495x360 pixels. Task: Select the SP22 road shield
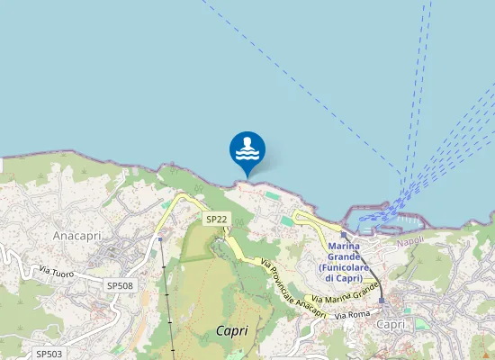pyautogui.click(x=216, y=219)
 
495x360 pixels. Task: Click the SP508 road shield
pyautogui.click(x=120, y=285)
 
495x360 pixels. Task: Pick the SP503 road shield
pyautogui.click(x=49, y=355)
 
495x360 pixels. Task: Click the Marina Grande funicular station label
pyautogui.click(x=344, y=262)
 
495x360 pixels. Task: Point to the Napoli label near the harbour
pyautogui.click(x=409, y=243)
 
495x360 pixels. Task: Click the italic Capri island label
pyautogui.click(x=232, y=330)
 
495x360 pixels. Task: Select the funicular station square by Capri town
pyautogui.click(x=382, y=301)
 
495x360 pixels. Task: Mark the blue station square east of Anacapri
pyautogui.click(x=160, y=239)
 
